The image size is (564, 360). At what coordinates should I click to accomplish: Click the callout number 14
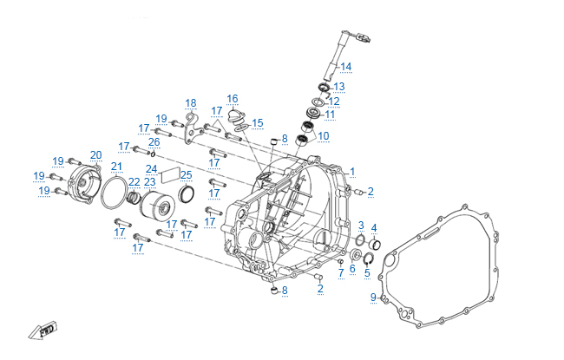(x=345, y=67)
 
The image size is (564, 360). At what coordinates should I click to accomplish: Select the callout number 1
(x=352, y=171)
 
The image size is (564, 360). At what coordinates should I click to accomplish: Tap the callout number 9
(x=373, y=298)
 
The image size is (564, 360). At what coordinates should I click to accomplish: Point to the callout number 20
(x=95, y=155)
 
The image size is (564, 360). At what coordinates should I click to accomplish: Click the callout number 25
(x=187, y=174)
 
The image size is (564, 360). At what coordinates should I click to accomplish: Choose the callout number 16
(x=233, y=98)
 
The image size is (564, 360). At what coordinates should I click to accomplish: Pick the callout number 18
(x=191, y=102)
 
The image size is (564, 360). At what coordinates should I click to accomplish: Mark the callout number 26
(x=154, y=141)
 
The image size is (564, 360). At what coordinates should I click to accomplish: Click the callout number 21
(x=116, y=167)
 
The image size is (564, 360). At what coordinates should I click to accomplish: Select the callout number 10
(x=324, y=135)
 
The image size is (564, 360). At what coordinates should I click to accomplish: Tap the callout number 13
(x=338, y=87)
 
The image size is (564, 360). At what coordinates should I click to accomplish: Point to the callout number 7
(x=341, y=272)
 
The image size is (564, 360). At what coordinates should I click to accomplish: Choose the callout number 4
(x=374, y=228)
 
